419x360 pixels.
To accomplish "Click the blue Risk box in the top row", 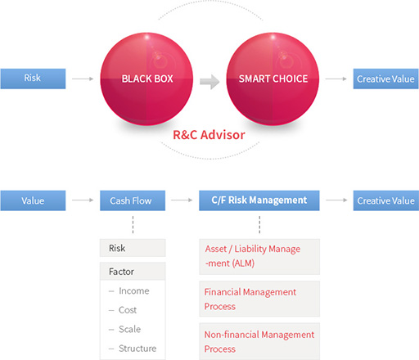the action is click(33, 79).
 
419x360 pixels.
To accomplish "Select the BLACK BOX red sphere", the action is click(146, 79).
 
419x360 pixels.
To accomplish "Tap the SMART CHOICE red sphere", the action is click(273, 79).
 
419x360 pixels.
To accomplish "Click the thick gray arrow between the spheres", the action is click(209, 81).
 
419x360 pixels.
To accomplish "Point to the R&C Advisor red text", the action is click(209, 135).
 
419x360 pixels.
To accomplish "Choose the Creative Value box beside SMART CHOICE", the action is click(386, 79).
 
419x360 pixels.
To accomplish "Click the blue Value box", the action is click(33, 200).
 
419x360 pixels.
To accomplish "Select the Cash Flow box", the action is click(133, 200).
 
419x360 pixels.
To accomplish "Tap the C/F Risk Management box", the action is click(259, 200).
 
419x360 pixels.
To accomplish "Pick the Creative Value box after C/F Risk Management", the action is click(386, 200).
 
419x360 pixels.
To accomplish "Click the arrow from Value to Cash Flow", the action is click(83, 200).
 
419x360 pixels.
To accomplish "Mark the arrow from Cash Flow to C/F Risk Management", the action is click(182, 200).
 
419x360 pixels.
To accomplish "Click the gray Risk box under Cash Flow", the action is click(133, 248).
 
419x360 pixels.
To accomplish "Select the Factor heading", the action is click(121, 272).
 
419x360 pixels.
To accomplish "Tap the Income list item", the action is click(134, 291).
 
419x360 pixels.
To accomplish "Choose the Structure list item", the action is click(137, 349).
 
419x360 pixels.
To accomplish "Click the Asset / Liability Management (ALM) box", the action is click(259, 257).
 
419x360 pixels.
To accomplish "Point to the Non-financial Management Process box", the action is click(259, 341).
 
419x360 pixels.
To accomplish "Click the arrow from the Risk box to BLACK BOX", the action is click(83, 79).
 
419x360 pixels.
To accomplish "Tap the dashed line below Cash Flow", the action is click(133, 225).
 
